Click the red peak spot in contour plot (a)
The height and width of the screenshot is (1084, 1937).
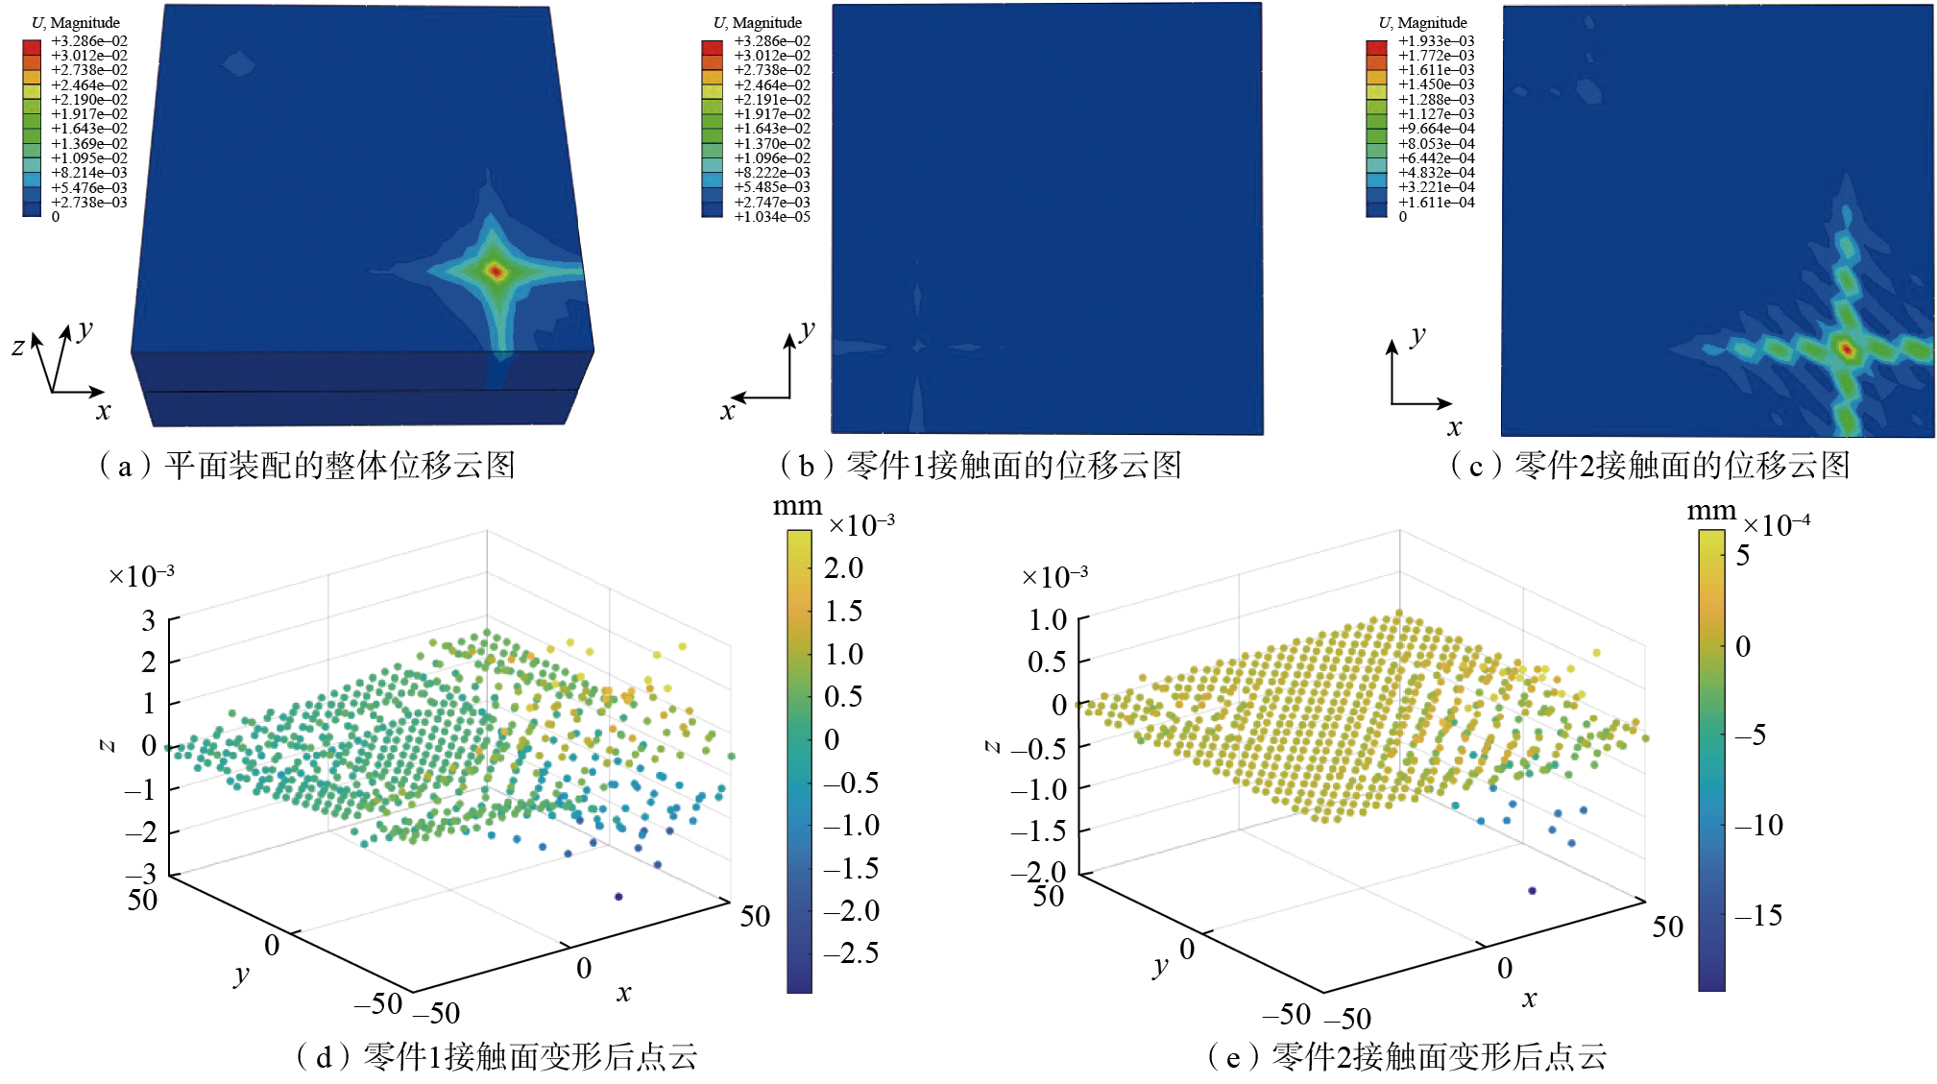tap(496, 272)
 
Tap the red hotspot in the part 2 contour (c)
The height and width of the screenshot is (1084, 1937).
tap(1846, 349)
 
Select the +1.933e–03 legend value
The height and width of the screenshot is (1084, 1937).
tap(1436, 41)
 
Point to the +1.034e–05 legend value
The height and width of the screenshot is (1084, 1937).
tap(772, 217)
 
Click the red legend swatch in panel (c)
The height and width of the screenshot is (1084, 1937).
tap(1376, 47)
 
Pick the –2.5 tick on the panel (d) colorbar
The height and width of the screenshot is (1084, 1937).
tap(852, 952)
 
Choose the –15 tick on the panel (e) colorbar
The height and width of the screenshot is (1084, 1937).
tap(1759, 915)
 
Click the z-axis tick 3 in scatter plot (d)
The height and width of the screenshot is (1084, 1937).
tap(149, 620)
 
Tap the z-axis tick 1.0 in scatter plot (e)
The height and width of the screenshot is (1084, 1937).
tap(1047, 619)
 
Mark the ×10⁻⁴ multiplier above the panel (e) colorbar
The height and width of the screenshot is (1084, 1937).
tap(1776, 525)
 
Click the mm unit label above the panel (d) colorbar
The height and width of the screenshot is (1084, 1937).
tap(797, 506)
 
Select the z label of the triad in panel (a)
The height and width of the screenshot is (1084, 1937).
tap(18, 347)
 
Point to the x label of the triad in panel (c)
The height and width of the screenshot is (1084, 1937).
tap(1455, 426)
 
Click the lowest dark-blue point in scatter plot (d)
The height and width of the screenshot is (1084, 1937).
tap(618, 896)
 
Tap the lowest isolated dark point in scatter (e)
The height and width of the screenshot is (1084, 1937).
tap(1532, 890)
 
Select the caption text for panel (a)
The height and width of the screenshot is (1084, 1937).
tap(307, 466)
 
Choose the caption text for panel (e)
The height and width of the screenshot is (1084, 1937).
tap(1407, 1056)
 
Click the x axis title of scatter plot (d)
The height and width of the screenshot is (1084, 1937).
tap(624, 993)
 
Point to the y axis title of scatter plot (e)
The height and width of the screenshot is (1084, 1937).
tap(1160, 966)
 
